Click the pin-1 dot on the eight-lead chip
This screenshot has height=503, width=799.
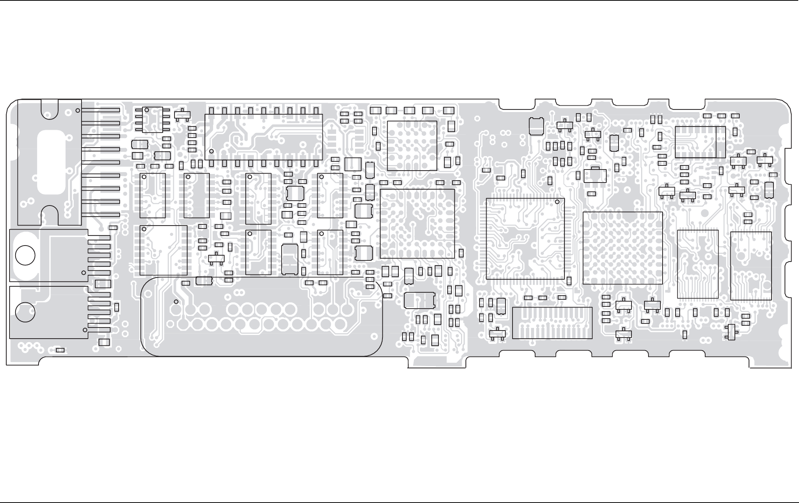pos(147,110)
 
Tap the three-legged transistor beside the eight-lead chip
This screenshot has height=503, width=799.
pos(182,115)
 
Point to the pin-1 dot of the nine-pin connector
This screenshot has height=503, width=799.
pos(77,111)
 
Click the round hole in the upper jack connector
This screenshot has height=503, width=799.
pos(25,255)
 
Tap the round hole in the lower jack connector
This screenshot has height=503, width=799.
pos(25,312)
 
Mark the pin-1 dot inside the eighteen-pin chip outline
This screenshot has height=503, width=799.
pos(212,151)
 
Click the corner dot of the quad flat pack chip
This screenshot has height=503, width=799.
pos(557,202)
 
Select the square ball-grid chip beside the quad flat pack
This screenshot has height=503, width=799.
pos(623,248)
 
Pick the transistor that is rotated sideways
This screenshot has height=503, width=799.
pos(731,332)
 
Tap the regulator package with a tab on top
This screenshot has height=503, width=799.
pos(595,175)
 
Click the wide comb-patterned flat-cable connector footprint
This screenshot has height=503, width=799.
pos(552,323)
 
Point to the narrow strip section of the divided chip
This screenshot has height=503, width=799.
pos(720,142)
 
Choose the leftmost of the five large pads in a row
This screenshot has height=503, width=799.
pos(375,110)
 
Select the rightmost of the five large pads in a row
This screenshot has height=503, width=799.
pos(448,110)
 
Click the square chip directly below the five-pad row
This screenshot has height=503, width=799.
pos(412,145)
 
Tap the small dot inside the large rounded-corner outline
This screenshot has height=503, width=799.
pos(176,302)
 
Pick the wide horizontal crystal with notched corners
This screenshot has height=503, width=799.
pos(420,300)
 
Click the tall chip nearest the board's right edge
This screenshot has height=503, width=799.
pos(751,266)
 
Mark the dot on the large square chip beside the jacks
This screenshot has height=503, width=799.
pos(144,229)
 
